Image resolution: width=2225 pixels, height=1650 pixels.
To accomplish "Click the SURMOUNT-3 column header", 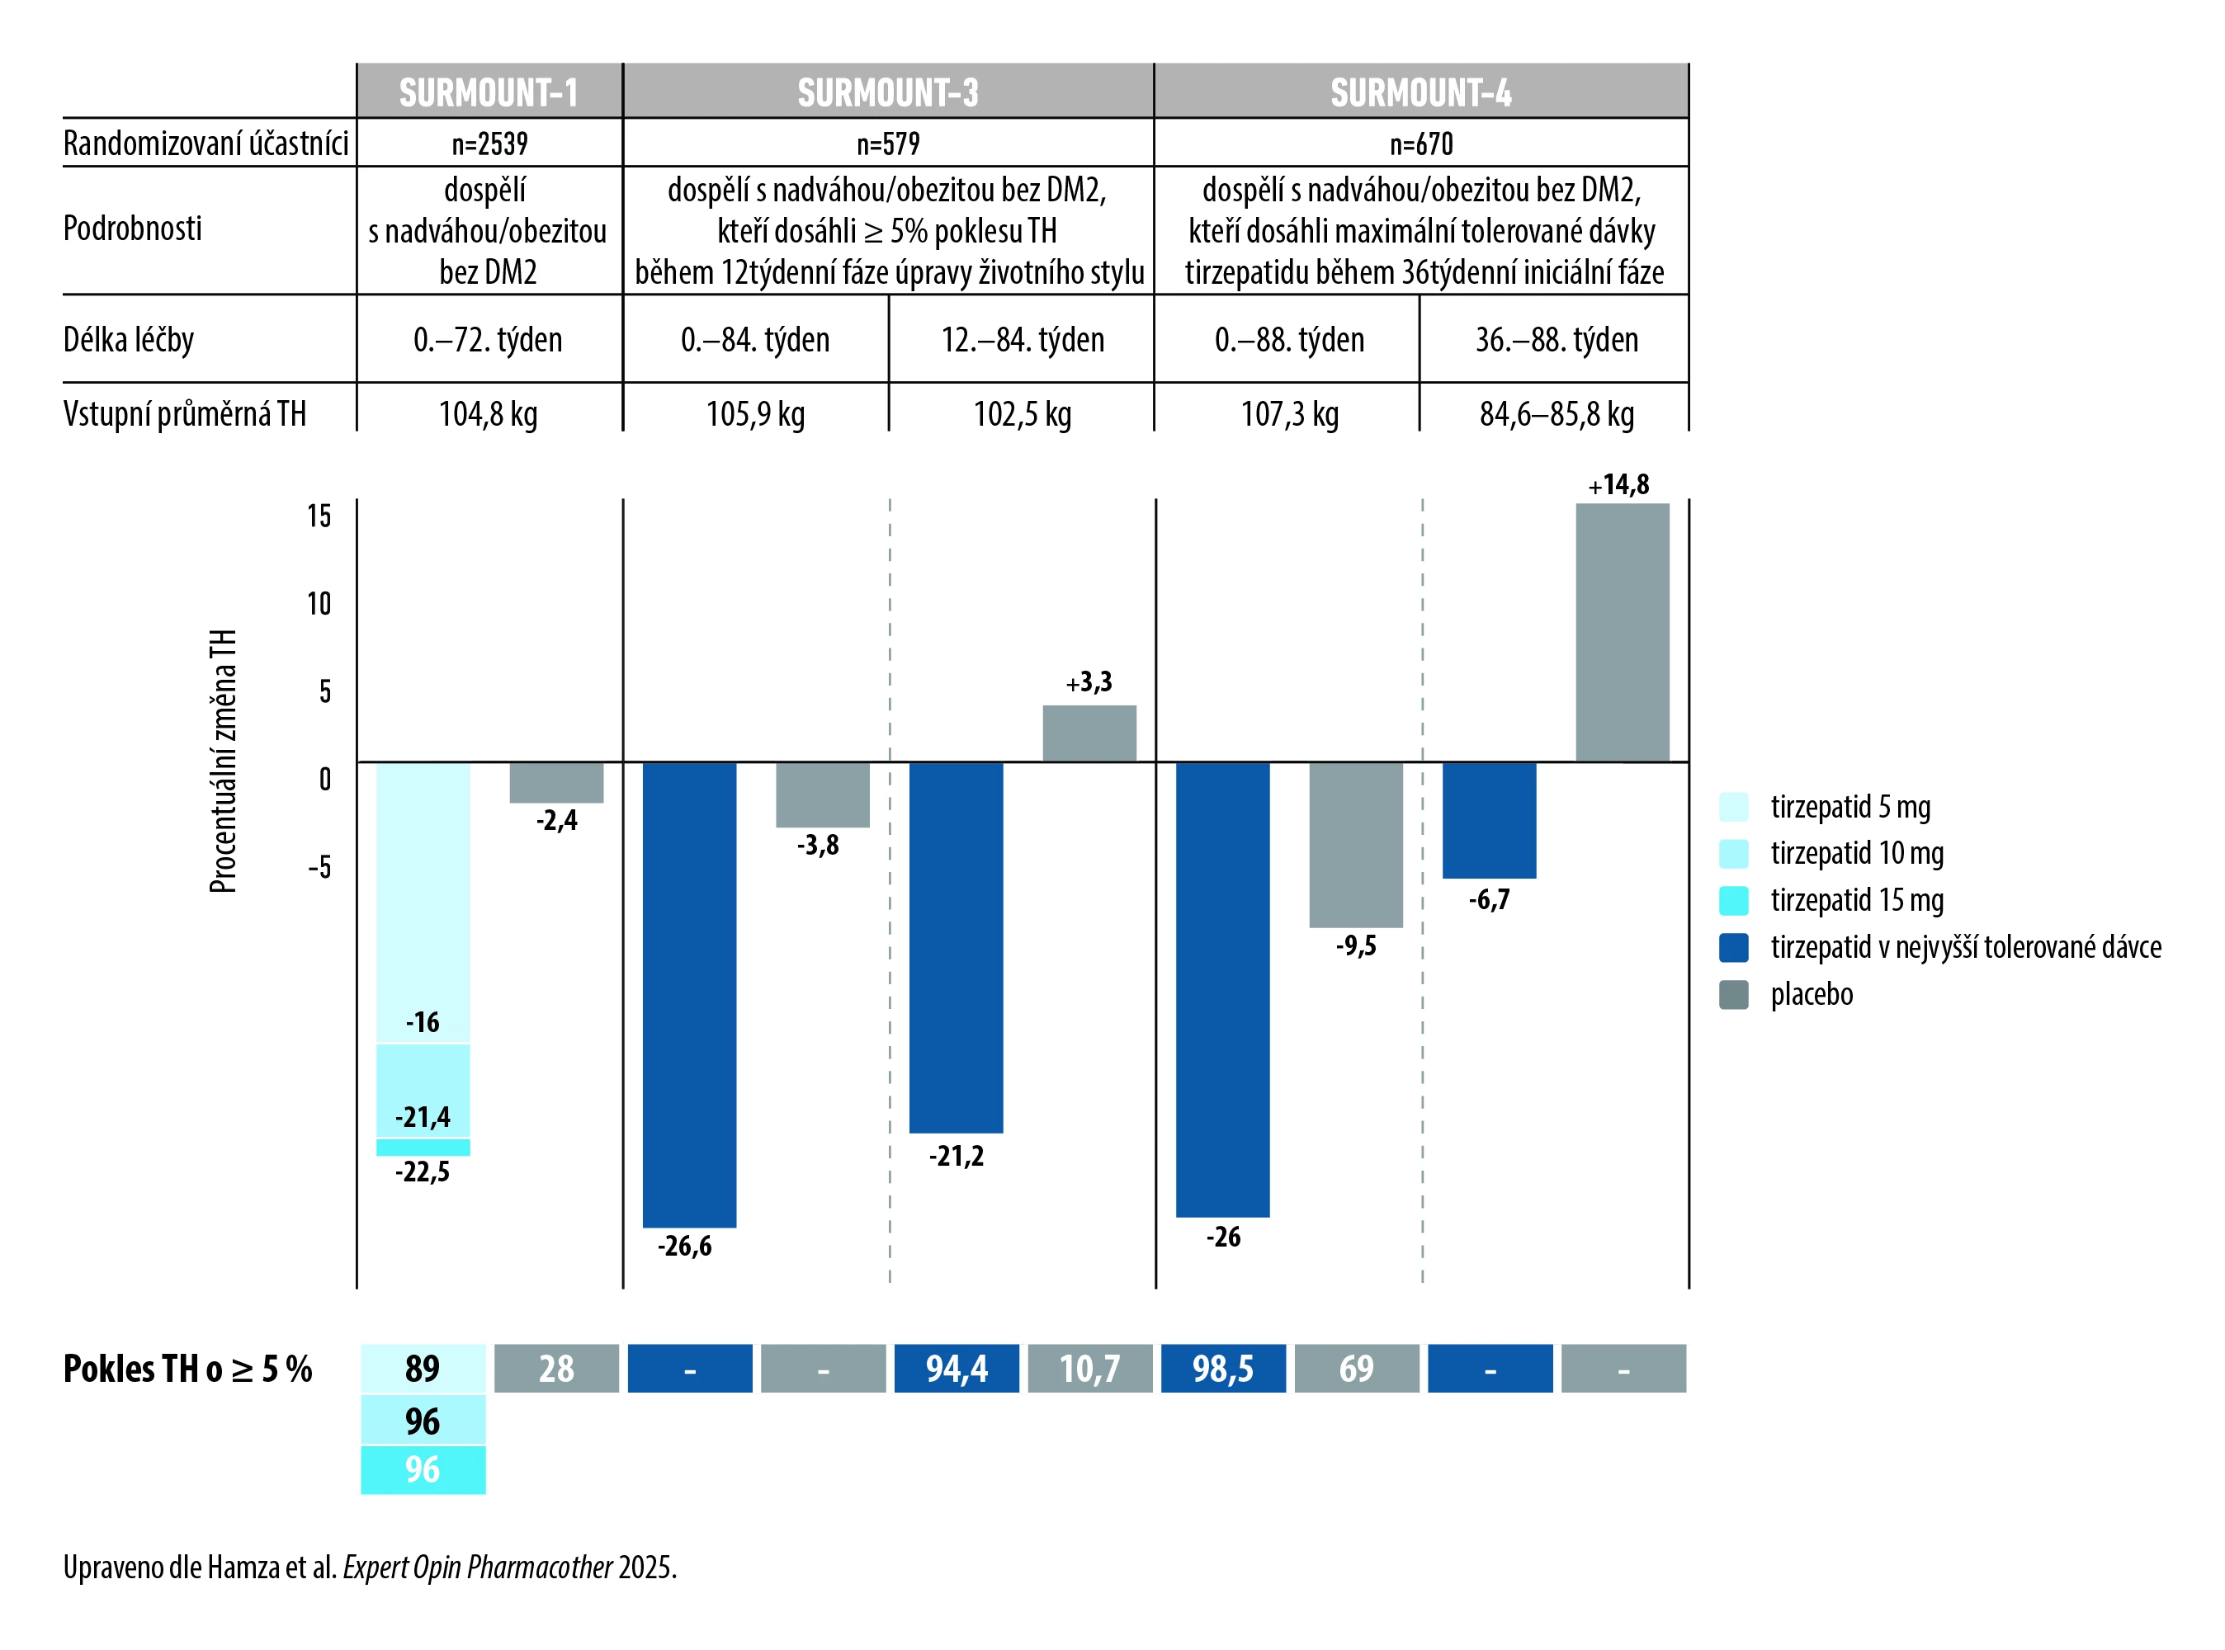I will (x=887, y=92).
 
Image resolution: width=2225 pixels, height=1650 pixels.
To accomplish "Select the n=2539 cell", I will (x=489, y=144).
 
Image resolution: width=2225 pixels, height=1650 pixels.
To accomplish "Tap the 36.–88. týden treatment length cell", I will (x=1556, y=340).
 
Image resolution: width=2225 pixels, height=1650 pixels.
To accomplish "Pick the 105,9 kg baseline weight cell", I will (x=755, y=413).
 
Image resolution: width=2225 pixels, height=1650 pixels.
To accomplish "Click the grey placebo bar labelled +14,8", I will (x=1622, y=632).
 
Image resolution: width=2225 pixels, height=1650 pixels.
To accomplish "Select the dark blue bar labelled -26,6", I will (x=689, y=994).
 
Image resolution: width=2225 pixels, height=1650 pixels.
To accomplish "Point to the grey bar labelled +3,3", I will (x=1089, y=733).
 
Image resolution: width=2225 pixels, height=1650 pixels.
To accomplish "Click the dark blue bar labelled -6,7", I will (x=1489, y=820).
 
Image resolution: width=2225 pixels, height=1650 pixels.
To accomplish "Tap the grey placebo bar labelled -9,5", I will (x=1356, y=844).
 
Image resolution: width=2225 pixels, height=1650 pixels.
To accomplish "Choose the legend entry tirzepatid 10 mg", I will (x=1856, y=853).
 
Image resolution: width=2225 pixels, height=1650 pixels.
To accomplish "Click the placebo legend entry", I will (x=1811, y=994).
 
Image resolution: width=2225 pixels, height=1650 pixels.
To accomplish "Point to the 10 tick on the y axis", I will (x=319, y=603).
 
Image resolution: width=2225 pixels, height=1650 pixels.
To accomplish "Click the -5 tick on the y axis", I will (x=319, y=867).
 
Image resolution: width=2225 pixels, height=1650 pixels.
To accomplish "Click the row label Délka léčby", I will (x=129, y=340).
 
